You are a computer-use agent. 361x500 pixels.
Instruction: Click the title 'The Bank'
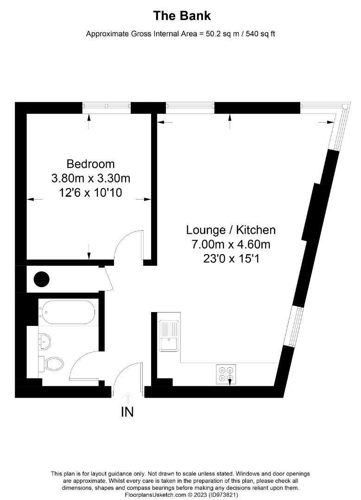[182, 16]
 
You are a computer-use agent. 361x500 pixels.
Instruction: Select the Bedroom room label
[90, 164]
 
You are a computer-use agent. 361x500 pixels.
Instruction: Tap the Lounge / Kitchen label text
[231, 230]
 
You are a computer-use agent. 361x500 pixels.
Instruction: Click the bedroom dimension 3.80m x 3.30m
[90, 178]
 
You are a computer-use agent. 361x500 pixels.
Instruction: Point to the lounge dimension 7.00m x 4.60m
[231, 244]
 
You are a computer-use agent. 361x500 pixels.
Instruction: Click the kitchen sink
[169, 337]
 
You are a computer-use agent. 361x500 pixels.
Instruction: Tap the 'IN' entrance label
[127, 412]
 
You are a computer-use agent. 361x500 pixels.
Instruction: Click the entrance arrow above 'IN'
[127, 396]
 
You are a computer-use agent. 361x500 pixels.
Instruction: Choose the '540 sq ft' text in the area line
[258, 34]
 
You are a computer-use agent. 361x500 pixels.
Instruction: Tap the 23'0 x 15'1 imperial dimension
[231, 259]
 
